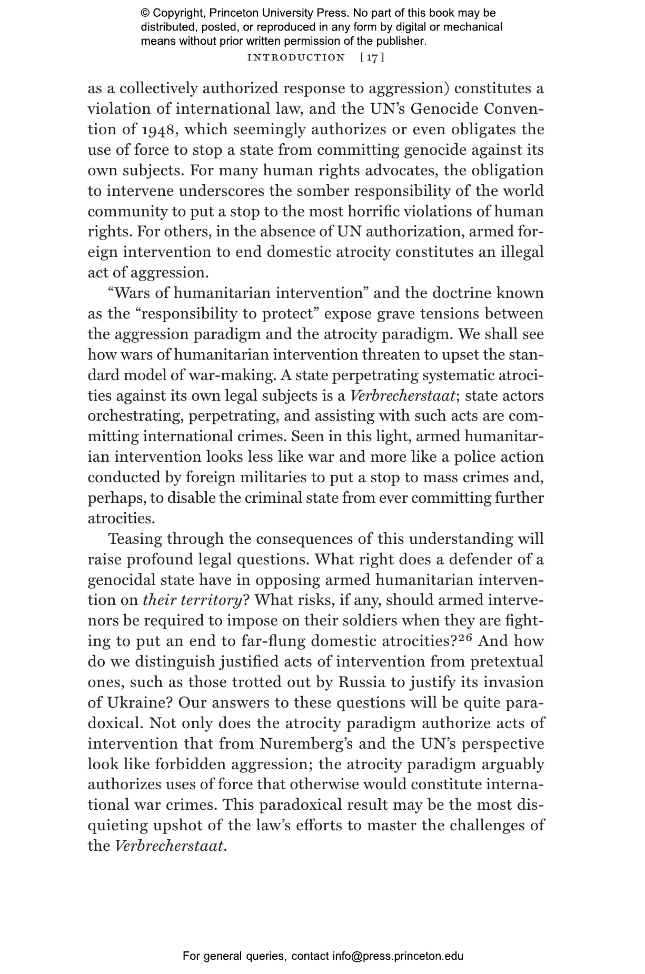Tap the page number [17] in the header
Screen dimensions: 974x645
coord(372,57)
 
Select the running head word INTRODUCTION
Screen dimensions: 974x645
coord(296,57)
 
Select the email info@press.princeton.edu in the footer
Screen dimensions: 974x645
coord(398,956)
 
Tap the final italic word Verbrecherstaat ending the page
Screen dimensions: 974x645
coord(169,847)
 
